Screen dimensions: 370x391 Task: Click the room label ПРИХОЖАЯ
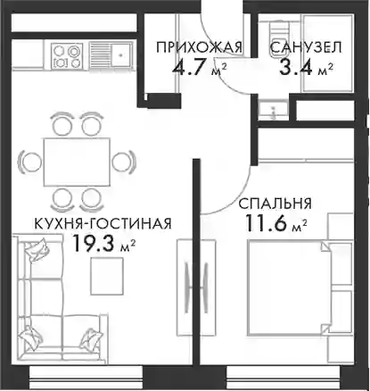click(x=199, y=47)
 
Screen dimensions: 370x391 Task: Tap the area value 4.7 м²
click(x=200, y=68)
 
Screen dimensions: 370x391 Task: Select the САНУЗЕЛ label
click(x=307, y=47)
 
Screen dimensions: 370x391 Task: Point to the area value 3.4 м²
click(x=306, y=68)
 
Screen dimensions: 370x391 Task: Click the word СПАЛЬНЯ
click(x=275, y=204)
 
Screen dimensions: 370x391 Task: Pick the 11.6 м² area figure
click(x=276, y=223)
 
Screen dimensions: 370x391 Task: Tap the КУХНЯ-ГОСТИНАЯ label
click(x=103, y=223)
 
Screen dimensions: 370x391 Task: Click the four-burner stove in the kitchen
click(x=67, y=55)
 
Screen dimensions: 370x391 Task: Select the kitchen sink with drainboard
click(x=111, y=55)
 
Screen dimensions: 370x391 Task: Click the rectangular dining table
click(x=77, y=162)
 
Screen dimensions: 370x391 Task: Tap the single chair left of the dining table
click(x=29, y=162)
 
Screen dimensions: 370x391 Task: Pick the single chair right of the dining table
click(x=124, y=162)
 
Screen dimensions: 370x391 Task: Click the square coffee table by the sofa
click(x=107, y=276)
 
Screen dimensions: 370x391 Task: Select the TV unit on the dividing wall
click(x=196, y=287)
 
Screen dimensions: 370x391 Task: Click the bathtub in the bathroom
click(x=327, y=53)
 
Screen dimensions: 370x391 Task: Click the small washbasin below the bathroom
click(x=273, y=111)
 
